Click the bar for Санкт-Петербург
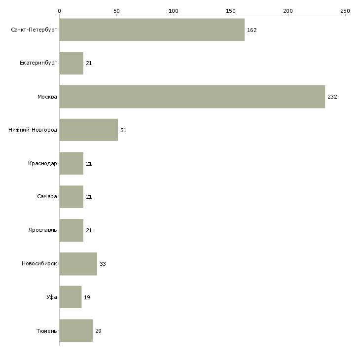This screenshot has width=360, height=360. (x=152, y=30)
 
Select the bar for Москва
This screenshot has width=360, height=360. (x=192, y=97)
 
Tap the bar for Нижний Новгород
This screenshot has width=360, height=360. (x=89, y=130)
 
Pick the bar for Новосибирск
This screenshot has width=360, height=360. (x=78, y=264)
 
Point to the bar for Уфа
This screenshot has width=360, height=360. (x=71, y=297)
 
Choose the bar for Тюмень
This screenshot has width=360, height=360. (x=76, y=330)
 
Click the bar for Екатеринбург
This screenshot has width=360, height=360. (x=72, y=63)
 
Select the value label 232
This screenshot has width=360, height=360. (x=332, y=97)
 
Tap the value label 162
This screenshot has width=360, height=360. (x=252, y=30)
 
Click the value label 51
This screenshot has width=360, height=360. (x=123, y=130)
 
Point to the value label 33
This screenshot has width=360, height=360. (x=103, y=264)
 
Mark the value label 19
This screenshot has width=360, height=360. (x=87, y=297)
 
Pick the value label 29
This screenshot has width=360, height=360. (x=98, y=331)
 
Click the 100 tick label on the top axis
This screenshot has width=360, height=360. (x=174, y=11)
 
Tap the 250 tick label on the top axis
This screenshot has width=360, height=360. (x=345, y=11)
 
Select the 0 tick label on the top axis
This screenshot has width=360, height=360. (x=60, y=11)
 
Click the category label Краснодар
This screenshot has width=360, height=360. (x=42, y=163)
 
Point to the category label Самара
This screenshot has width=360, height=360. (x=47, y=197)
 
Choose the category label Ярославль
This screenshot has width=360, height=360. (x=42, y=230)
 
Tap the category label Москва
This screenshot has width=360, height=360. (x=47, y=97)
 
